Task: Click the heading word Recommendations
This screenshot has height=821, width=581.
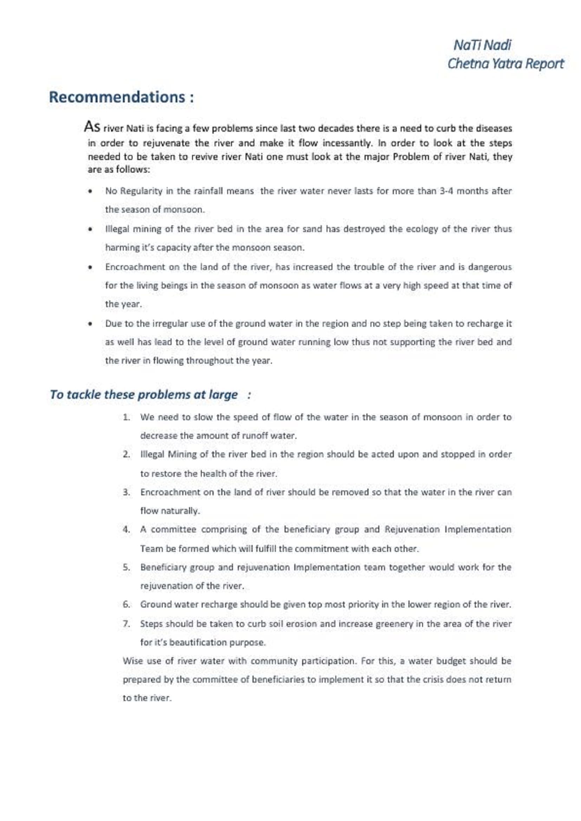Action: coord(117,97)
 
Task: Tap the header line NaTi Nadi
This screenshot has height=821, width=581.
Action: coord(482,45)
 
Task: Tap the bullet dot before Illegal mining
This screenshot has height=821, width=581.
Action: coord(91,229)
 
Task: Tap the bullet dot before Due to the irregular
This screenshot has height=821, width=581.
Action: coord(91,324)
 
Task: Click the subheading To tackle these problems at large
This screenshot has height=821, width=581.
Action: coord(143,395)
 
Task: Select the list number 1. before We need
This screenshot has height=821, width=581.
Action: coord(126,417)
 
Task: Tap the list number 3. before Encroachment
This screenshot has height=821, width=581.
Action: coord(126,492)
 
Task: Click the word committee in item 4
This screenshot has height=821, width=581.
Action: coord(174,530)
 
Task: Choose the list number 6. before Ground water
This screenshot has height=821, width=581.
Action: coord(126,605)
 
